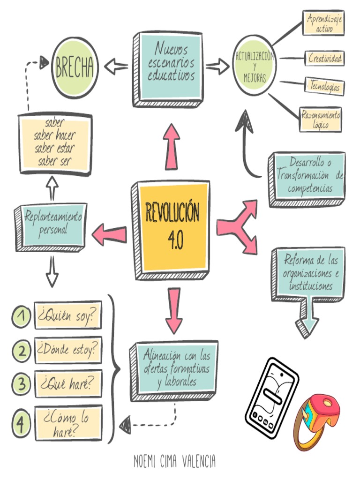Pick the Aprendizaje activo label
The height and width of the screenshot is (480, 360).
pos(324,22)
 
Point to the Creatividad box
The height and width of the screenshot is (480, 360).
pos(325,59)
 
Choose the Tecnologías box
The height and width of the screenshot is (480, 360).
pos(324,86)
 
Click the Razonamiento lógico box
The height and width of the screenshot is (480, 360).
pos(321,120)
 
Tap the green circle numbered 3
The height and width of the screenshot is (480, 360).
pos(21,383)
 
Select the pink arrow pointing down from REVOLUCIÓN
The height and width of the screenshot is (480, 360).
pos(173,309)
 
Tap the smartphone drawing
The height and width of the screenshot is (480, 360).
pos(272,391)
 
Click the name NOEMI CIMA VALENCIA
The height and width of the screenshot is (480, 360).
pos(174,461)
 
